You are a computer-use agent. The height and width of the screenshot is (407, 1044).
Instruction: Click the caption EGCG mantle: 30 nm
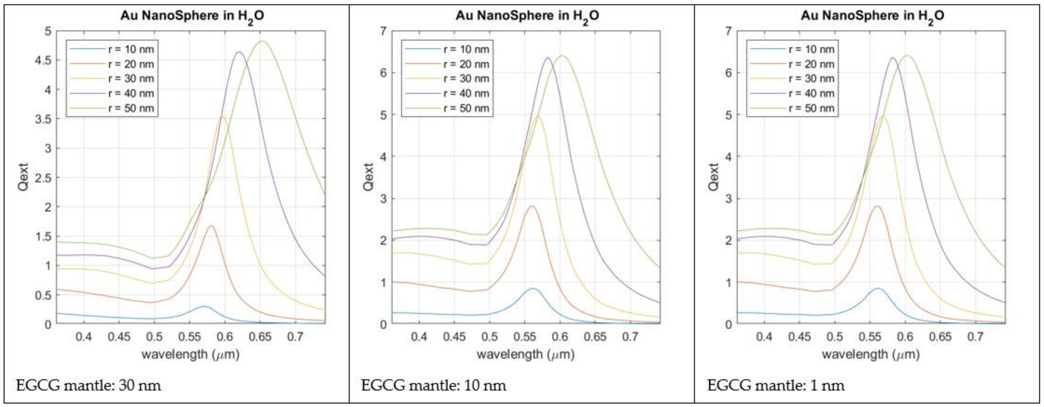coord(88,385)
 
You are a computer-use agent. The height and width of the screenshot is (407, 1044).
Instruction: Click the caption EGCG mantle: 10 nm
coord(433,385)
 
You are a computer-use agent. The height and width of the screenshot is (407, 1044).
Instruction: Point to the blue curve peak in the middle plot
coord(532,289)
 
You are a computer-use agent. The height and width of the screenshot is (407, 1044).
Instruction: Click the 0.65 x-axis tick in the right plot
coord(941,336)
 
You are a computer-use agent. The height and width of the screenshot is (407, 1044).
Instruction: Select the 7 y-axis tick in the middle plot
coord(382,31)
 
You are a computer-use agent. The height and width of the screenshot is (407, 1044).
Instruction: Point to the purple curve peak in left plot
coord(239,52)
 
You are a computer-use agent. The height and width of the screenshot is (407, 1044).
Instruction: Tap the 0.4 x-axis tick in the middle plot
coord(419,336)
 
